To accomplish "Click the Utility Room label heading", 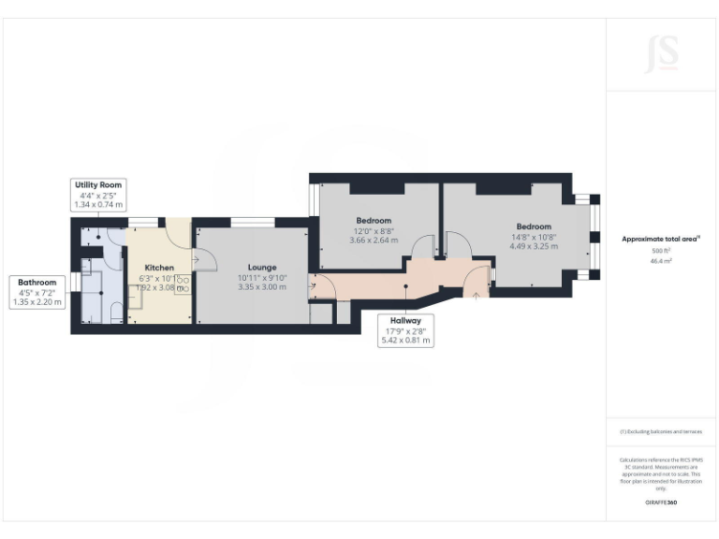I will [x=98, y=185].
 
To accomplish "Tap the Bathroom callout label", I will [x=37, y=283].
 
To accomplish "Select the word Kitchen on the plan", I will [x=159, y=268].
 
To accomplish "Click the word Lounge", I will [x=249, y=267].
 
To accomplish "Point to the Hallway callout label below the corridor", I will [x=405, y=320].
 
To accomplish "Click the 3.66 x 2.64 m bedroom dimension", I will [x=374, y=240].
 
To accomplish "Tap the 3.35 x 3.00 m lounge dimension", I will [x=249, y=287].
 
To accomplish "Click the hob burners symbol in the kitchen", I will [x=182, y=284].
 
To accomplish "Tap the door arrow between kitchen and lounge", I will [x=197, y=260].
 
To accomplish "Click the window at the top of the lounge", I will [x=252, y=222].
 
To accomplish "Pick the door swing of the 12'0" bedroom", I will [x=424, y=245].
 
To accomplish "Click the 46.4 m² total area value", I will [x=661, y=262].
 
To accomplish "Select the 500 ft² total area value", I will [x=661, y=251].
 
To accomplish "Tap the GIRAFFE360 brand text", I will [x=661, y=503].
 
